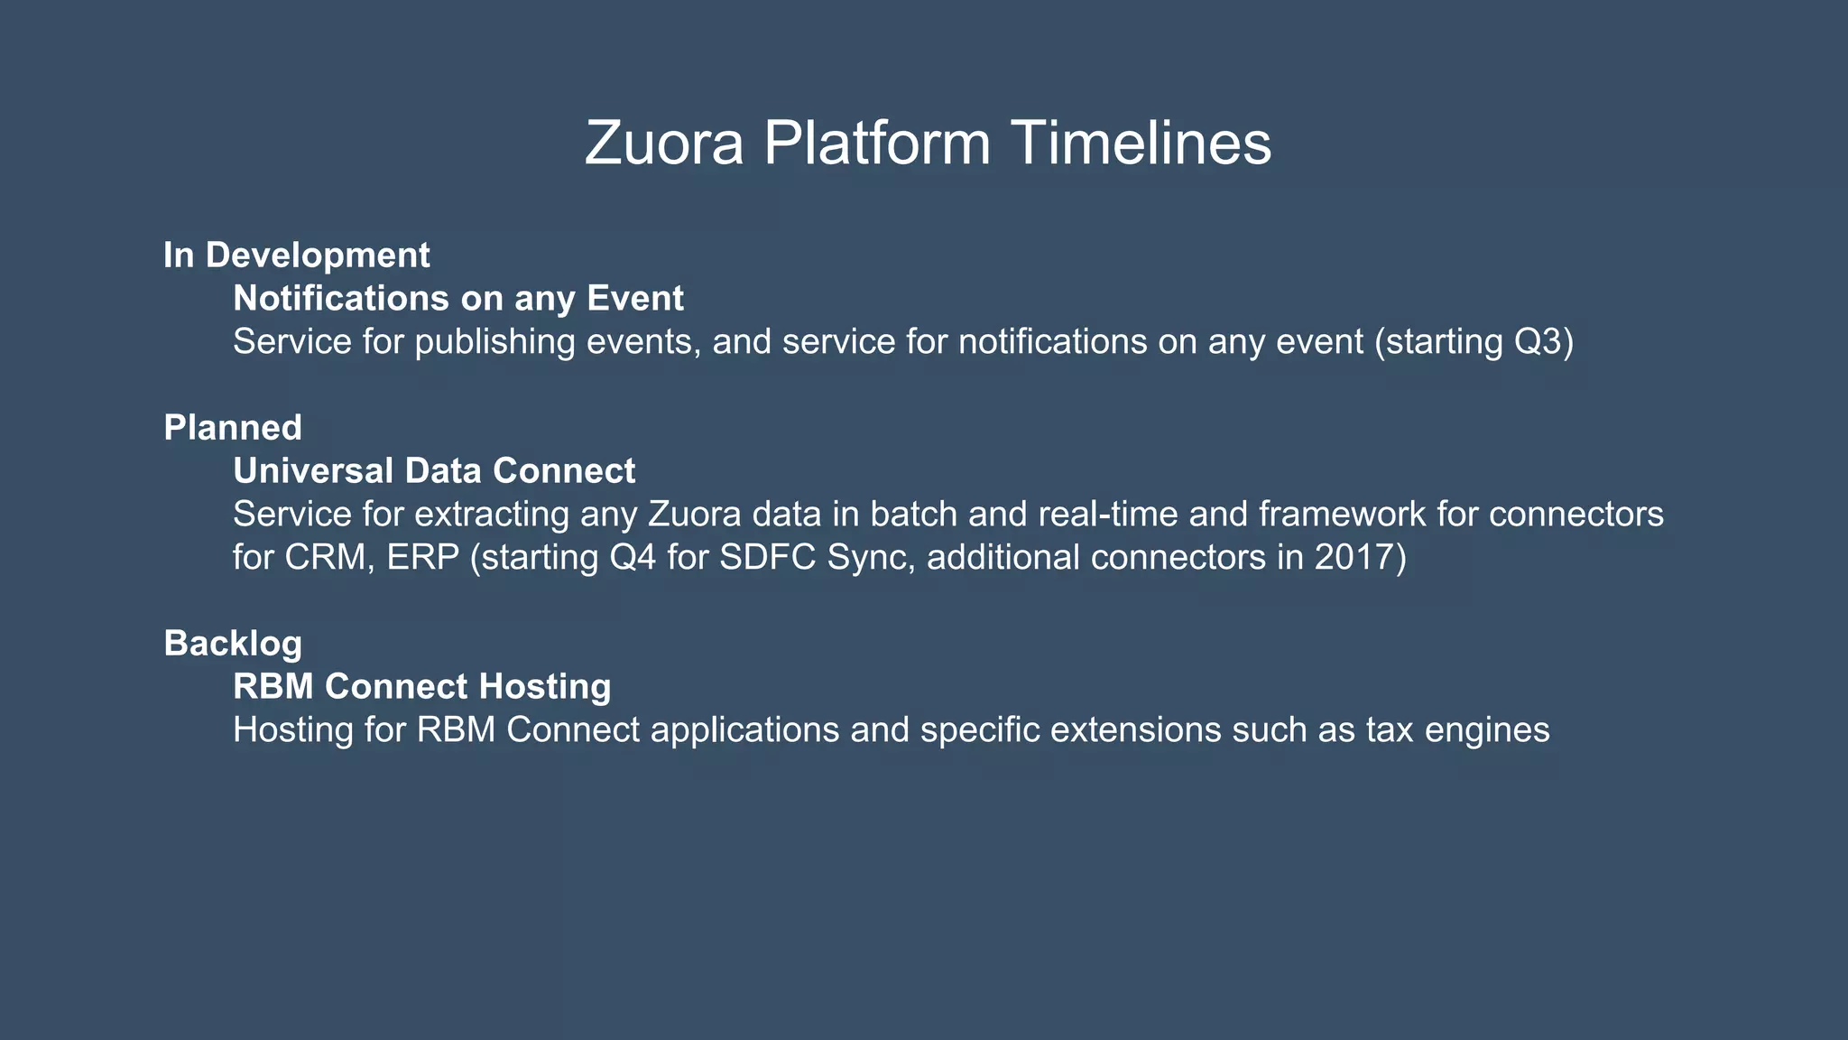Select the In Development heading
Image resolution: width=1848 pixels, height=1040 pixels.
click(296, 255)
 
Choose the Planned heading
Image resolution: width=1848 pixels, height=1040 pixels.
click(233, 428)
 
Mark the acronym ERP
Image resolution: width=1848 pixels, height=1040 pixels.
click(423, 558)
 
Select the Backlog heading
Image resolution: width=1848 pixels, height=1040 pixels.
click(233, 644)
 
